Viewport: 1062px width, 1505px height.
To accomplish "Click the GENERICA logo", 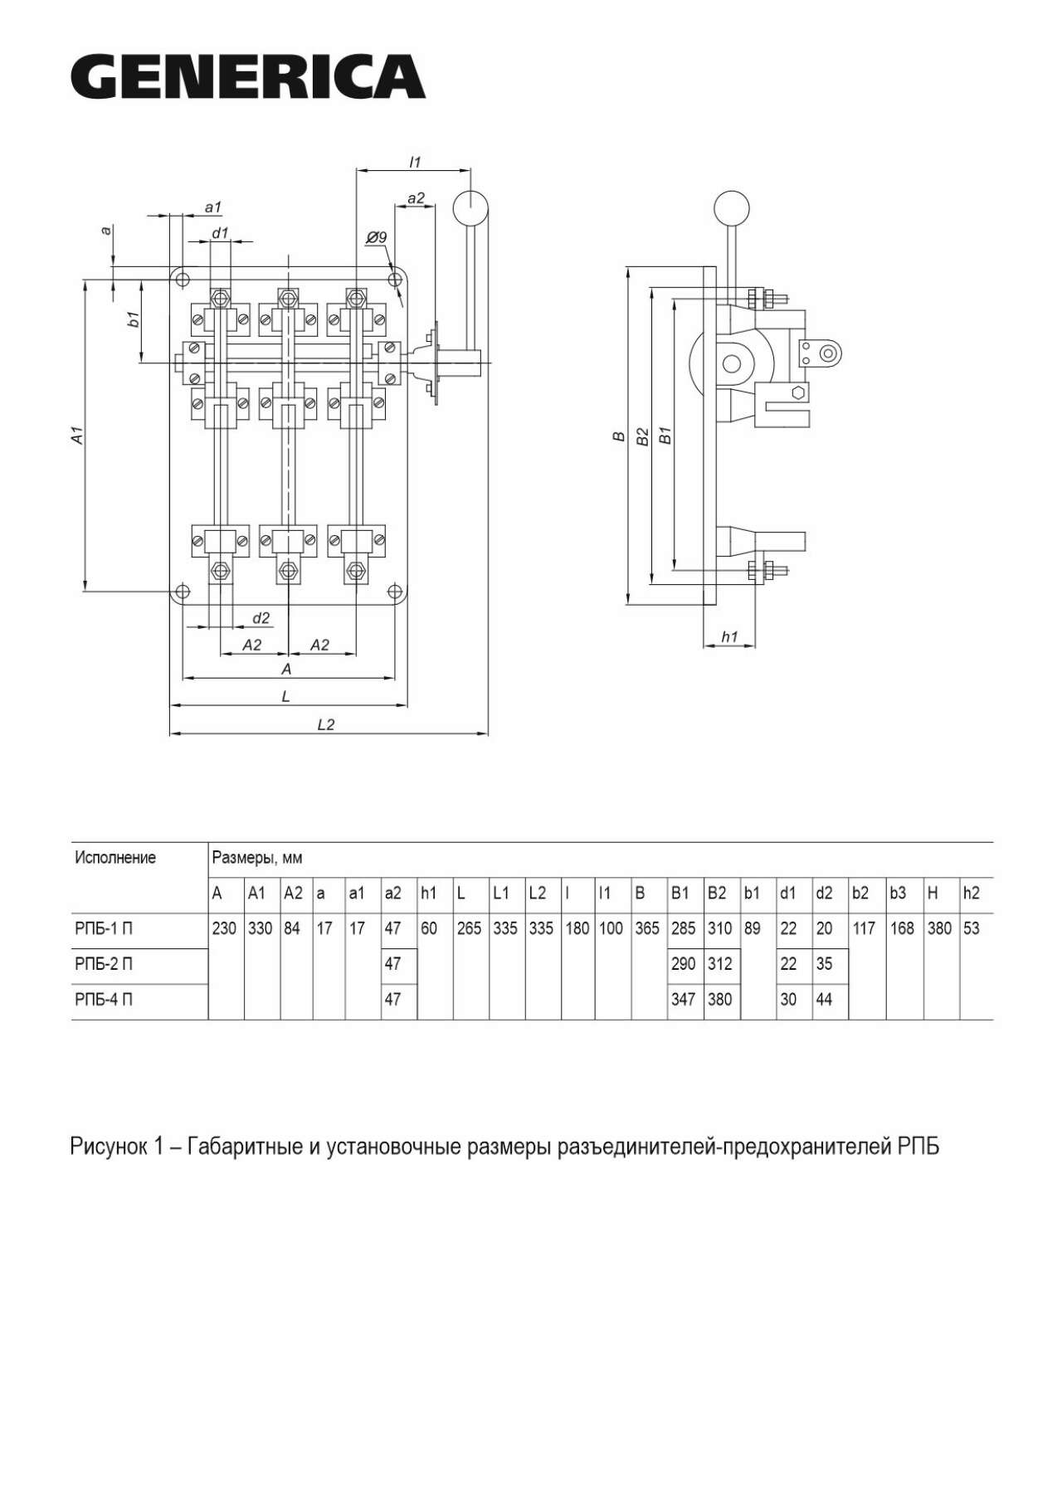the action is click(248, 76).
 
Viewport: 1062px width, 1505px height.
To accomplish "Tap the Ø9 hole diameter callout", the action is click(377, 237).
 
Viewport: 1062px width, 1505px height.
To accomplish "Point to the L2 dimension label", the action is click(326, 724).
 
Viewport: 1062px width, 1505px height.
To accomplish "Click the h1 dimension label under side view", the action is click(729, 636).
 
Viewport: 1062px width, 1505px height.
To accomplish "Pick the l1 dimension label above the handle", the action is click(416, 162).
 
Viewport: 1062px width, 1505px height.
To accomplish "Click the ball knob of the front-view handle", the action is click(470, 207).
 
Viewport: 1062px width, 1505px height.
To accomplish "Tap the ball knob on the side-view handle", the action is click(733, 207).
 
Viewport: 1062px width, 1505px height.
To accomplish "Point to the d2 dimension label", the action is click(261, 617).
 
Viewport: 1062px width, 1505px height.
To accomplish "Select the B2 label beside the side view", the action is click(642, 437).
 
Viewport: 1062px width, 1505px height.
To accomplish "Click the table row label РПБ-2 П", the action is click(104, 964).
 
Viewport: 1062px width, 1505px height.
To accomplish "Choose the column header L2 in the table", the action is click(538, 894).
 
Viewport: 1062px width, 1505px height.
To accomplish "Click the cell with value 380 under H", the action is click(940, 928).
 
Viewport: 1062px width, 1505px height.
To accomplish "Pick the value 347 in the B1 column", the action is click(684, 1000).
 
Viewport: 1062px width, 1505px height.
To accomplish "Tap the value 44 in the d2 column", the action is click(824, 1000).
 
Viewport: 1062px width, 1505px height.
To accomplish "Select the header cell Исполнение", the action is click(115, 857).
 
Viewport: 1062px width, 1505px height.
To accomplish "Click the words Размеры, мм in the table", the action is click(257, 858).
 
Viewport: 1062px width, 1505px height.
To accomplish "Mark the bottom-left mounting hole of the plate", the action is click(183, 592).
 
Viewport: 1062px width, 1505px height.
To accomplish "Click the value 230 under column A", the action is click(225, 928).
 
